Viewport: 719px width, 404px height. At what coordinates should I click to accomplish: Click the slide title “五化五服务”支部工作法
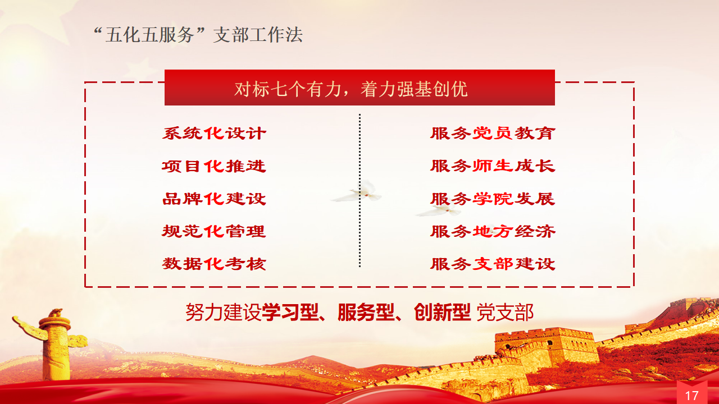pos(198,35)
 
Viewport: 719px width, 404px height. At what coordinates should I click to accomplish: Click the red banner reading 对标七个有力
pos(359,88)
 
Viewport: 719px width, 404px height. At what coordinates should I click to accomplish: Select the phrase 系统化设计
pos(214,134)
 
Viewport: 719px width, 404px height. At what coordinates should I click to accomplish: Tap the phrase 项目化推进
pos(214,166)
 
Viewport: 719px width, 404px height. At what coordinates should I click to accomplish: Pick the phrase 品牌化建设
pos(214,199)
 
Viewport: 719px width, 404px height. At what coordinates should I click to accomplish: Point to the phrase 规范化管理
pos(214,231)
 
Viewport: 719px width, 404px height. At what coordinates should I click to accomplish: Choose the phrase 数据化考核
pos(214,264)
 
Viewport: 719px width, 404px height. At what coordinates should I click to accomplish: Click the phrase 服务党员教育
pos(493,134)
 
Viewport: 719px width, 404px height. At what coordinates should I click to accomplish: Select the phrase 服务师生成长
pos(493,166)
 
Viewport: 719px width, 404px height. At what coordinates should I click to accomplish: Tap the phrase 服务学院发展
pos(493,199)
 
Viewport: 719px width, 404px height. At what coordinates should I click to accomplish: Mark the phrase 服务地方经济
pos(493,231)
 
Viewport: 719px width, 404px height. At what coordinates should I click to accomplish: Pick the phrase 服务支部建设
pos(493,264)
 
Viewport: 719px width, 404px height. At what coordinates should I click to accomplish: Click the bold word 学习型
pos(290,312)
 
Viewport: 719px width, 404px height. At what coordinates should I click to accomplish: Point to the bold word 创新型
pos(442,312)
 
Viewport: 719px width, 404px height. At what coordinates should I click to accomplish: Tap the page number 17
pos(691,396)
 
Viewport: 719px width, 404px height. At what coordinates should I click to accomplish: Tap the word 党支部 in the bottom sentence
pos(504,312)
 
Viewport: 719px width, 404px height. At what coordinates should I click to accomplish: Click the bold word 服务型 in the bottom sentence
pos(366,312)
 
